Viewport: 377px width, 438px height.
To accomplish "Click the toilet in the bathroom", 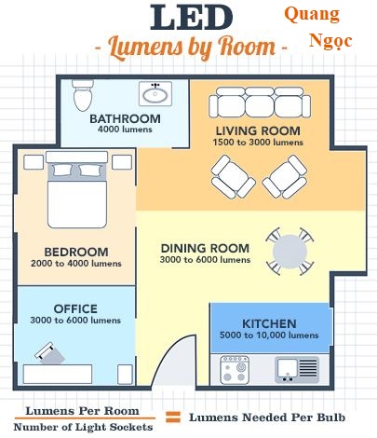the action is coord(83,95).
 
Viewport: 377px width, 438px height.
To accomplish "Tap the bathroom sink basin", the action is coord(155,93).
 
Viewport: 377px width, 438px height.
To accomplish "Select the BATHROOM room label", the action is coord(125,118).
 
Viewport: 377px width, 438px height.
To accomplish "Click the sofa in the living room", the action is coord(260,103).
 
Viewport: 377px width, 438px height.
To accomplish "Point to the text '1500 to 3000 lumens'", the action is coord(258,143).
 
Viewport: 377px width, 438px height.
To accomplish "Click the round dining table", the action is coord(289,252).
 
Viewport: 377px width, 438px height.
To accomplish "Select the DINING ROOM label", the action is coord(205,248).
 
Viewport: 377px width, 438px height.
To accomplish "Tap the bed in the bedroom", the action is coord(77,189).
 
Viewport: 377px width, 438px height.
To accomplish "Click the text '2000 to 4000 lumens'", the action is coord(76,264).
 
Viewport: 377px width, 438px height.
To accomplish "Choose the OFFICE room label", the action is coord(75,308).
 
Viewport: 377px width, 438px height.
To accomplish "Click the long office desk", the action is coord(58,374).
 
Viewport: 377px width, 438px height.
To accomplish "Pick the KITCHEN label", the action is coord(269,323).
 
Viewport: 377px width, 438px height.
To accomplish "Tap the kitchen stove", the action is coord(235,370).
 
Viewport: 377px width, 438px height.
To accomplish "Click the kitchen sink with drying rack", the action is coord(297,370).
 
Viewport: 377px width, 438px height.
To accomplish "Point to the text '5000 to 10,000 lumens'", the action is coord(269,335).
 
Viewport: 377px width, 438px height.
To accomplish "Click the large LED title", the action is coord(192,18).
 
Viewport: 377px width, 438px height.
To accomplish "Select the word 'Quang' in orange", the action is coord(312,15).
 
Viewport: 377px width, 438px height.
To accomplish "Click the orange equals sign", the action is coord(172,417).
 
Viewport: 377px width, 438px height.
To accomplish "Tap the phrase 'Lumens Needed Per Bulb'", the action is coord(267,417).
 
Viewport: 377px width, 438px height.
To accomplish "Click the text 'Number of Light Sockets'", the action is coord(83,427).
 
